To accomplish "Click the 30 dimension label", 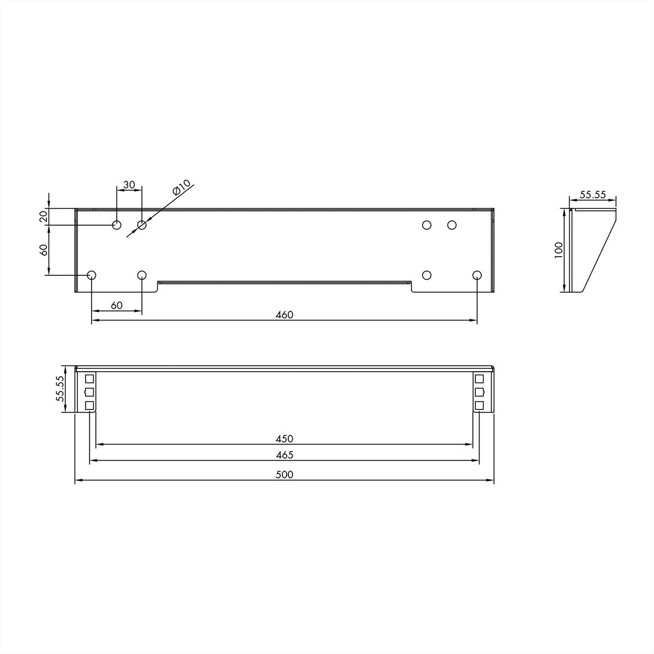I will [129, 185].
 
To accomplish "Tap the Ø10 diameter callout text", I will [181, 187].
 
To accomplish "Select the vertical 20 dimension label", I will [44, 216].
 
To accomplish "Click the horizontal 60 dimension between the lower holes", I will [117, 305].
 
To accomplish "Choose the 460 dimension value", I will [284, 314].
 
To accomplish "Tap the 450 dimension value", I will [284, 438].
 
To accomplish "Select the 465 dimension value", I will [284, 455].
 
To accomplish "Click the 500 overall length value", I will [284, 474].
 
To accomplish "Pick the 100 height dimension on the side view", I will [559, 250].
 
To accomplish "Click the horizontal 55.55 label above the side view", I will [592, 195].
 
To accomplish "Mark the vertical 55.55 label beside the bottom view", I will [60, 389].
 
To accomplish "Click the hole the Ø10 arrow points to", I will [142, 225].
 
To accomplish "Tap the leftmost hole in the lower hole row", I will [92, 275].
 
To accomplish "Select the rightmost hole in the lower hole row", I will [477, 275].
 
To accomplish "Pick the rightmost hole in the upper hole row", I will [452, 225].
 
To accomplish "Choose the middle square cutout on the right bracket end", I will [479, 392].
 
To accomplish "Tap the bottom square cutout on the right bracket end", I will [479, 405].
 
